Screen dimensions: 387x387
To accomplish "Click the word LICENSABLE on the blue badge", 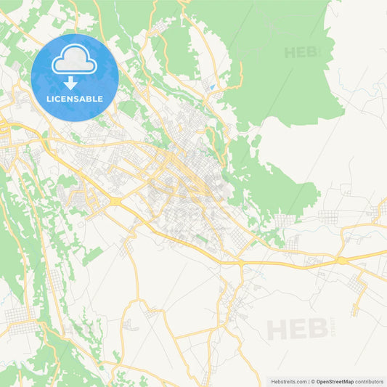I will (x=75, y=98).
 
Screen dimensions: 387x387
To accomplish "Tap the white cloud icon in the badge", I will (x=75, y=60).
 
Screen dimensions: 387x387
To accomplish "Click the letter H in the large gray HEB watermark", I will (x=276, y=330).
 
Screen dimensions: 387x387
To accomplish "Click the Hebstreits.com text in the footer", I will (x=289, y=380).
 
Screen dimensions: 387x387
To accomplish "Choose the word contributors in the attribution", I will (x=369, y=380).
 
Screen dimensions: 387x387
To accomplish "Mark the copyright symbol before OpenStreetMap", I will (x=313, y=380).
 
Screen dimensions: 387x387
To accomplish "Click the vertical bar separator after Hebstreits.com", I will (x=308, y=380).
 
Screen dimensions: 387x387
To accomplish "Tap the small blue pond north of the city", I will (x=210, y=88).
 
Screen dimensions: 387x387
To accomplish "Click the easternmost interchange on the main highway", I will (x=341, y=259).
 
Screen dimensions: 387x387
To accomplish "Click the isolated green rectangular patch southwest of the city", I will (x=92, y=255).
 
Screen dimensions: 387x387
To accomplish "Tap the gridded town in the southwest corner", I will (x=20, y=317).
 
